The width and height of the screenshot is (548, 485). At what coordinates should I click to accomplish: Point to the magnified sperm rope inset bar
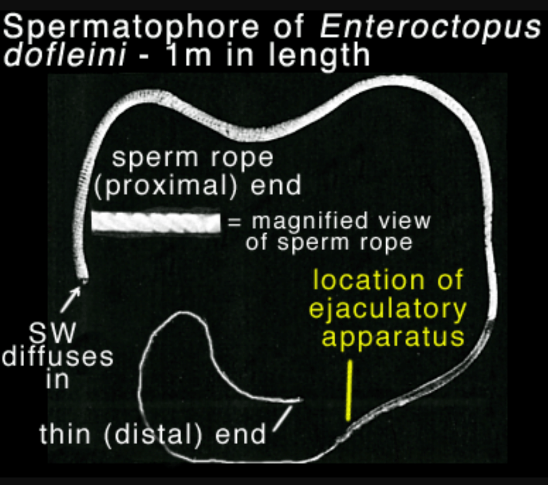click(156, 222)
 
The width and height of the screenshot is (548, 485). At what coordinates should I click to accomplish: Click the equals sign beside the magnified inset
click(235, 222)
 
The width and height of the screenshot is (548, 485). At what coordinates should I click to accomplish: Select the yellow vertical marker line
click(349, 390)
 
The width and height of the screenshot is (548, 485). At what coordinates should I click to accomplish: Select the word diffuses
click(58, 357)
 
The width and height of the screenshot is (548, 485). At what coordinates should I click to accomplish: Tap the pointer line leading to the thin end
click(283, 416)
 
